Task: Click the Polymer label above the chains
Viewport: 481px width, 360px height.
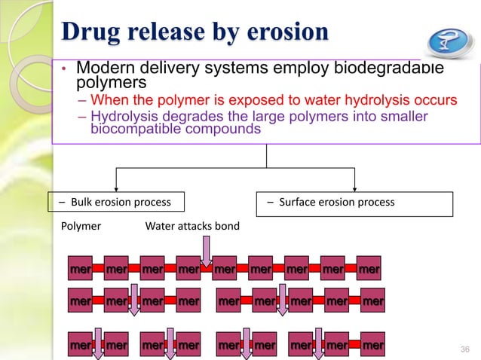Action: [80, 225]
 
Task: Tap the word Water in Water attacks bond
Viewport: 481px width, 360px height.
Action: [161, 225]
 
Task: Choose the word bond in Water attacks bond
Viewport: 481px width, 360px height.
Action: [227, 225]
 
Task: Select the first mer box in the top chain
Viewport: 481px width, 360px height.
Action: [80, 269]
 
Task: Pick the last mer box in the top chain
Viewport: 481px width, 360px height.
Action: [369, 269]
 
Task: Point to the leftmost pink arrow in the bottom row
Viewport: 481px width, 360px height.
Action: [98, 349]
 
